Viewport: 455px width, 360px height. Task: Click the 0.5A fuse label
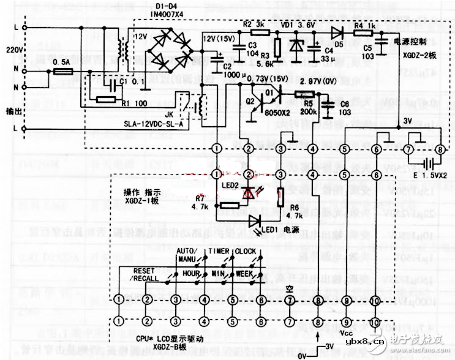[62, 62]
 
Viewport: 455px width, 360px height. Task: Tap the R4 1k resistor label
[364, 24]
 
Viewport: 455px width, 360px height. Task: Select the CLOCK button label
[246, 252]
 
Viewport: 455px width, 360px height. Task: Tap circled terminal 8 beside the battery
[440, 149]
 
